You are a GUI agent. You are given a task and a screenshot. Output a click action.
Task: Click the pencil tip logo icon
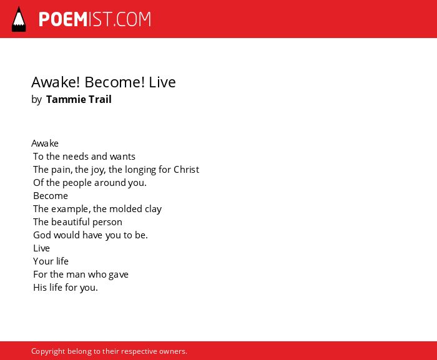coord(19,19)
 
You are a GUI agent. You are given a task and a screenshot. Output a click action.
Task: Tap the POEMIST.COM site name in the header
coord(95,19)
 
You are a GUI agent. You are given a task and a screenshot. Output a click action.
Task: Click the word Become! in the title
coord(114,82)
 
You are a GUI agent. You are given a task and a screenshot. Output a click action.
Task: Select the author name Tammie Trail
coord(79,99)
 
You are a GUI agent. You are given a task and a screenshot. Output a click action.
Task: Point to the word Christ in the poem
coord(186,170)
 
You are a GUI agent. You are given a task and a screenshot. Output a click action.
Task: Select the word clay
coord(154,209)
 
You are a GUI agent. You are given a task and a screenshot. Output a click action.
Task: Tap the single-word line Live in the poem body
coord(42,248)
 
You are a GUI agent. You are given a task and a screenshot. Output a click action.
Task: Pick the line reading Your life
coord(51,261)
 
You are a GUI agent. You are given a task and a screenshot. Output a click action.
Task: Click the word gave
coord(119,275)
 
